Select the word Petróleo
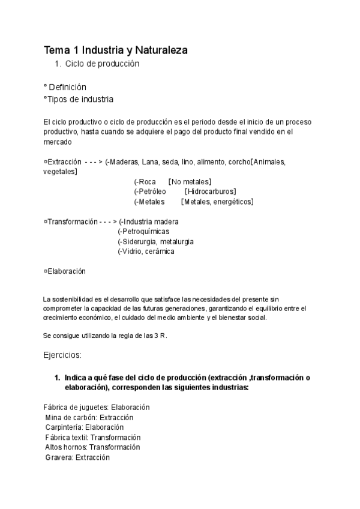tap(152, 191)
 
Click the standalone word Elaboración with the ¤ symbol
tap(67, 271)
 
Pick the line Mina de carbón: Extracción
tap(89, 417)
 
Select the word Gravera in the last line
tap(59, 457)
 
